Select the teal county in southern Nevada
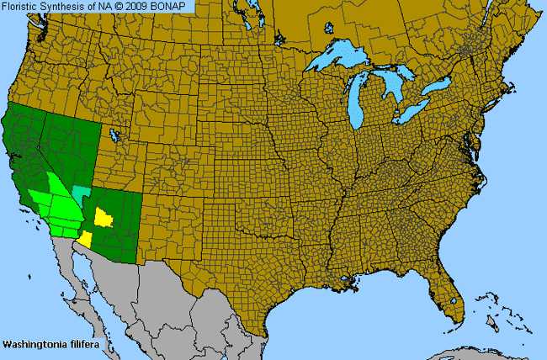pyautogui.click(x=80, y=193)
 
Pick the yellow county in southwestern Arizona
pyautogui.click(x=84, y=240)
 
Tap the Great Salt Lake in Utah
pyautogui.click(x=114, y=135)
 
